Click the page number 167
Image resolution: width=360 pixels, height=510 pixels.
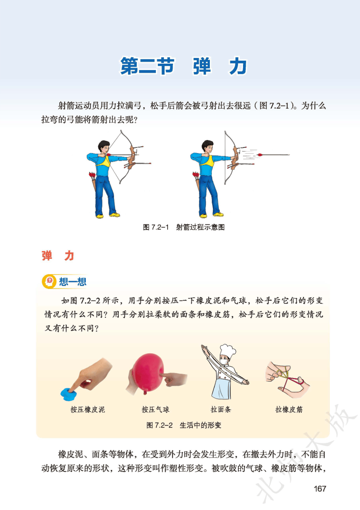tap(320, 489)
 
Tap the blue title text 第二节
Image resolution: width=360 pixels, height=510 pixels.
tap(147, 66)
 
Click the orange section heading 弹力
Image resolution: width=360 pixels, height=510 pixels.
tap(58, 256)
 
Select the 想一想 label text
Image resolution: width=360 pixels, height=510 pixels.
tap(73, 282)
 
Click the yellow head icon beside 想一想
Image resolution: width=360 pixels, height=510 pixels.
tap(49, 282)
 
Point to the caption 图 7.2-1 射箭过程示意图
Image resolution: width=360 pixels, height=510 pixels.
tap(184, 227)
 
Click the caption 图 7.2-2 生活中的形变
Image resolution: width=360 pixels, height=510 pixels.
tap(184, 425)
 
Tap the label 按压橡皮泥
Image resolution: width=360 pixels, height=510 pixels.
tap(87, 409)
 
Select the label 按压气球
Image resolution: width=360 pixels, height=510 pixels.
tap(155, 409)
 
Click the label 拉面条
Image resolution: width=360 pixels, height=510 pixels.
tap(221, 409)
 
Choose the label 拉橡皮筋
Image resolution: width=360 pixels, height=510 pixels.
tap(289, 409)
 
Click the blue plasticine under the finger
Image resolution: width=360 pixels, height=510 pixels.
tap(68, 394)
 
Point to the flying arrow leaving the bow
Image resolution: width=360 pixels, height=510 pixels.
tap(273, 155)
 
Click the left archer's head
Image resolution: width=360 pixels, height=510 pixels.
tap(104, 147)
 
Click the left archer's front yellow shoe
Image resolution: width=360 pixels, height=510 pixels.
tap(115, 214)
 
